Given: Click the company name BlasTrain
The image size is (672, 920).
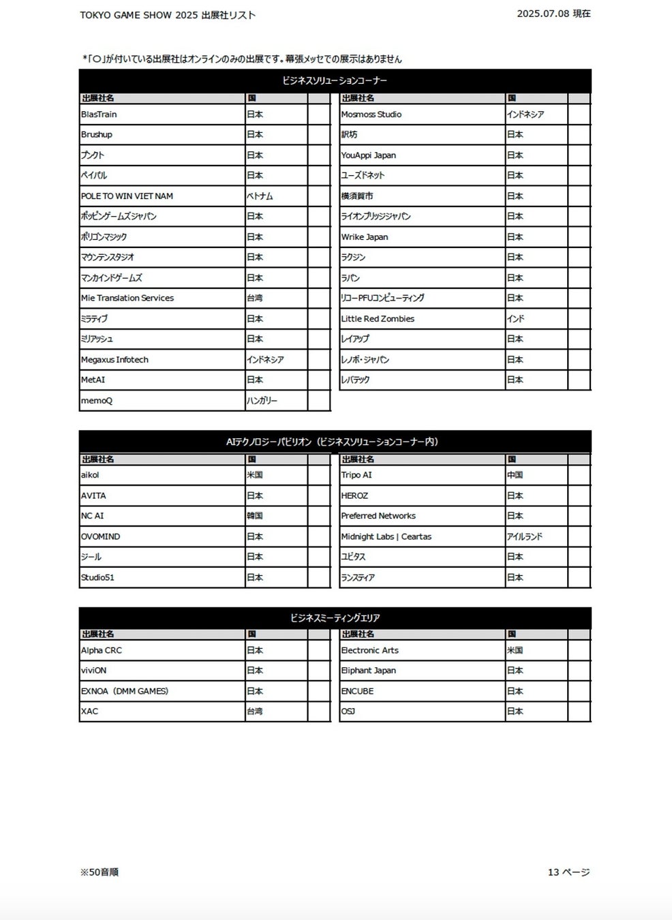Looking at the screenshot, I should (x=99, y=114).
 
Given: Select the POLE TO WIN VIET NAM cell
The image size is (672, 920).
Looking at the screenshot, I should (x=127, y=196).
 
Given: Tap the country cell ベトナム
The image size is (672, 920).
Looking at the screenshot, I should (x=260, y=196).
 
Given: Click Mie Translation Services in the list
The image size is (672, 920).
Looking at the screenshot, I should (x=127, y=298).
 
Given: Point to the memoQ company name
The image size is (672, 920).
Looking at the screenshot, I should (x=97, y=401).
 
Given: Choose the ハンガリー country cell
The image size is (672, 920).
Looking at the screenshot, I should (x=262, y=401).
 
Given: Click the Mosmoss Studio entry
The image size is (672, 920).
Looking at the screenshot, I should (x=371, y=114).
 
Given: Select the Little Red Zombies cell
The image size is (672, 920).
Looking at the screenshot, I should (x=378, y=319).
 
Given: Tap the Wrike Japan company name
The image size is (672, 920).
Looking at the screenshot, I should (x=365, y=237).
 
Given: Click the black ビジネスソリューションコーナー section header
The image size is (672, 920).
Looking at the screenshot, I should (x=335, y=80).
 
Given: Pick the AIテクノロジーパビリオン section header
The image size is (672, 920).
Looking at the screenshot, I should (x=335, y=442).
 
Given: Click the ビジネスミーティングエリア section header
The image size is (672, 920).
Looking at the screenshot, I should (x=335, y=618).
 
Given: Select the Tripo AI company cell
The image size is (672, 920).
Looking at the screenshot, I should (x=356, y=475).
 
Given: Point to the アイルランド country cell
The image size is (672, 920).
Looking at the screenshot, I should (x=525, y=536).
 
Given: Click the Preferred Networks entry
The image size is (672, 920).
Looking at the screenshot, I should (x=378, y=516).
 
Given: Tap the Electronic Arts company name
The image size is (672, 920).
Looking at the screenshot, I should (x=370, y=650).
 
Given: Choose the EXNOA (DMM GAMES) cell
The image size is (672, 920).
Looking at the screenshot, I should (x=125, y=691).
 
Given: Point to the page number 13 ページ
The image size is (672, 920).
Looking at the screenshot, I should (x=569, y=872).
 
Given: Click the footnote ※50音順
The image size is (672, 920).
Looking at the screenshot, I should (x=100, y=872).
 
